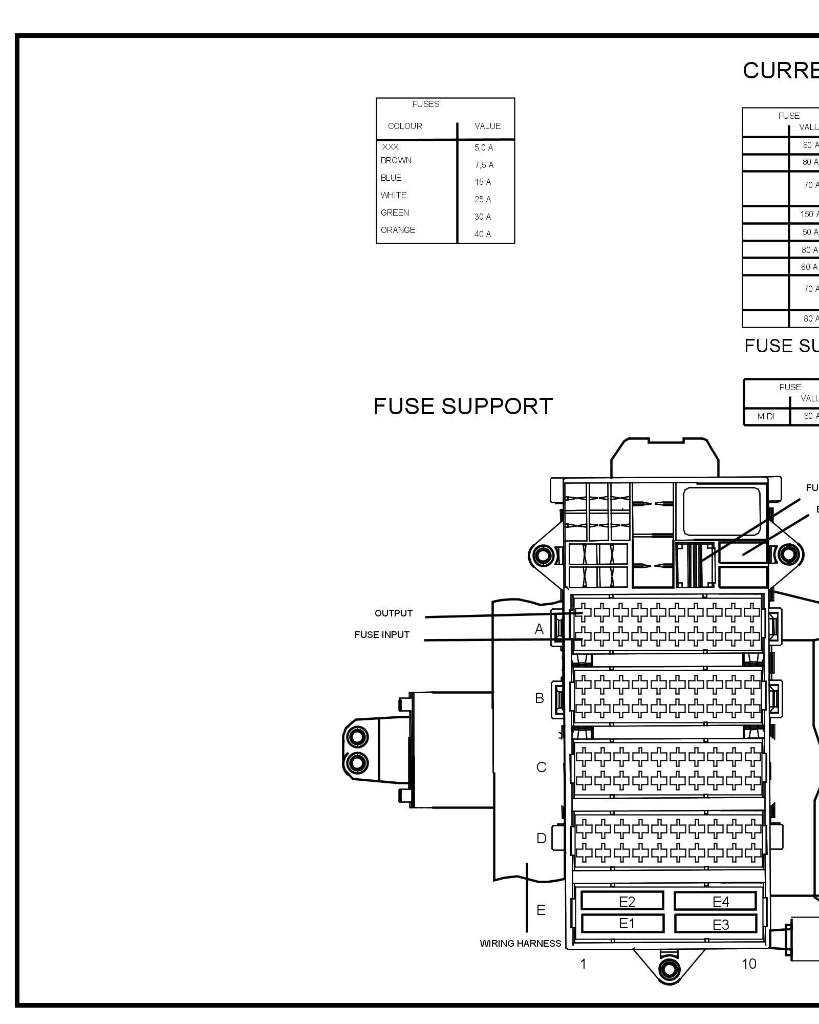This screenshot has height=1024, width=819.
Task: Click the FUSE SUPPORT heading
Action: point(463,407)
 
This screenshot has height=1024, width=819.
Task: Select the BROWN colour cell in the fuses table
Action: point(396,160)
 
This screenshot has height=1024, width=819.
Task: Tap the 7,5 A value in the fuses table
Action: point(484,165)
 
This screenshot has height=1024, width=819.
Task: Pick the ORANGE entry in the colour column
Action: point(398,230)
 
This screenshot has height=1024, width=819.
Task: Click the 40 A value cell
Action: point(482,234)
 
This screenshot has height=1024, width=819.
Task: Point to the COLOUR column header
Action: point(405,126)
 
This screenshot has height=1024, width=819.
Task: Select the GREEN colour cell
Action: point(395,212)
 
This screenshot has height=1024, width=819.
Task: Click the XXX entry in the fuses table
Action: point(390,147)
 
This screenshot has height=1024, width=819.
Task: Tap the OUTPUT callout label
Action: point(393,613)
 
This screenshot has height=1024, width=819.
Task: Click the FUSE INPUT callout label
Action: point(382,635)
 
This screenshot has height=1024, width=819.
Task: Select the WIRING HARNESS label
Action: point(520,943)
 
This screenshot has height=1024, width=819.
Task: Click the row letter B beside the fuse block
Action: point(539,698)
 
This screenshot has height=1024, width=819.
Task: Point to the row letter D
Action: point(541,839)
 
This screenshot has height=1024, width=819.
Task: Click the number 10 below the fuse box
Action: point(748,964)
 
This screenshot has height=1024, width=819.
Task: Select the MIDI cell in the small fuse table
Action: point(765,416)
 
